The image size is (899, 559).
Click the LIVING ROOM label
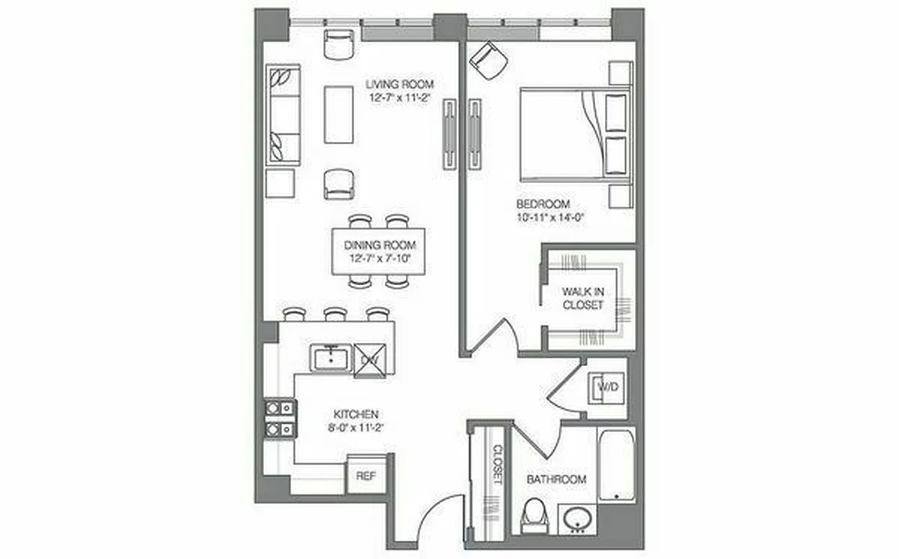404,85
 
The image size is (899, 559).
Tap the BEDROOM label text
539,204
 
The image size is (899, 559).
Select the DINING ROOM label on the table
379,245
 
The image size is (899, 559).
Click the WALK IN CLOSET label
583,298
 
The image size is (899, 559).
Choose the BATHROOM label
556,479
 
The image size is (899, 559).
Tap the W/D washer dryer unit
606,386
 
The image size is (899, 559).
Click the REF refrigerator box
366,475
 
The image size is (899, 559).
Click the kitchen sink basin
332,358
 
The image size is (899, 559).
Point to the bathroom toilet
536,516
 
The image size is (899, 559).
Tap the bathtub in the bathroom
616,464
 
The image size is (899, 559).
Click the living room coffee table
339,114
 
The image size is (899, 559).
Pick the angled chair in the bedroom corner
489,60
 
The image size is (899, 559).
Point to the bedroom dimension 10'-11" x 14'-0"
550,217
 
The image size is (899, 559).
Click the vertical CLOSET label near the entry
497,465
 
